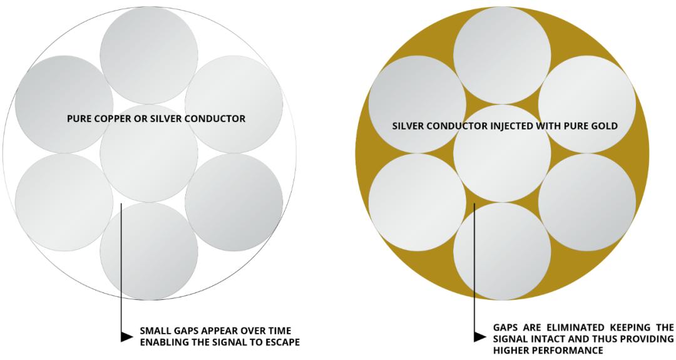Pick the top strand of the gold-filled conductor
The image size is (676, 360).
[x=503, y=55]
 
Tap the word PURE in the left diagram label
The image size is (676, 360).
[x=80, y=118]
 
